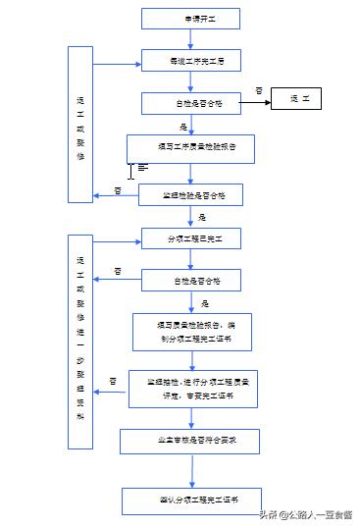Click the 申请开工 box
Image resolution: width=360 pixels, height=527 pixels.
(190, 18)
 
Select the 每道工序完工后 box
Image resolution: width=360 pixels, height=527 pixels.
(190, 61)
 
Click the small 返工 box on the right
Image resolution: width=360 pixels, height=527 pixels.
(305, 100)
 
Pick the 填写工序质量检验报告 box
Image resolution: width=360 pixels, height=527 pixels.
(190, 147)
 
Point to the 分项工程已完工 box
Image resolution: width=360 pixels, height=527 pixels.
(190, 238)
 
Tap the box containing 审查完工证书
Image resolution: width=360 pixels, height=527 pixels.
(192, 388)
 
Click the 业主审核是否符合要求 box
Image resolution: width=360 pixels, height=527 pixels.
(190, 442)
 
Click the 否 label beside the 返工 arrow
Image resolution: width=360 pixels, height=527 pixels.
(259, 89)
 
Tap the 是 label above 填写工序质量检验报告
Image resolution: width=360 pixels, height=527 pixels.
(183, 126)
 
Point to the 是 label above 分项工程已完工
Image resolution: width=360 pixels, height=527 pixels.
(202, 216)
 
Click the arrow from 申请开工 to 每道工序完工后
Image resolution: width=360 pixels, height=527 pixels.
(190, 39)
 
